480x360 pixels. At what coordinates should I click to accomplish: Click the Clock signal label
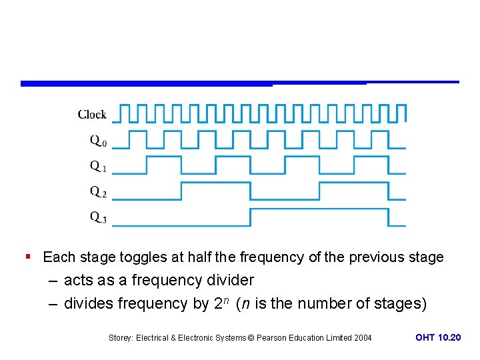pos(92,115)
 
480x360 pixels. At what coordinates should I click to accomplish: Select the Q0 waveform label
pos(98,141)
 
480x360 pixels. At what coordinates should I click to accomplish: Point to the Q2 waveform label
pos(98,192)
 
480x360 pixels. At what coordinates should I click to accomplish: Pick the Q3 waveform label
pos(98,217)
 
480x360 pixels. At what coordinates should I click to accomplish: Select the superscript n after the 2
pos(227,299)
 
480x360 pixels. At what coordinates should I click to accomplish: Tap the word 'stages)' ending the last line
pos(401,304)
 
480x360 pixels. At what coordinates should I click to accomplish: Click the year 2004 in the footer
pos(362,338)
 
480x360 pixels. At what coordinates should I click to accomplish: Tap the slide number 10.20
pos(448,338)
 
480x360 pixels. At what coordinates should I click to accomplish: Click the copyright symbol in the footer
pos(251,338)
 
